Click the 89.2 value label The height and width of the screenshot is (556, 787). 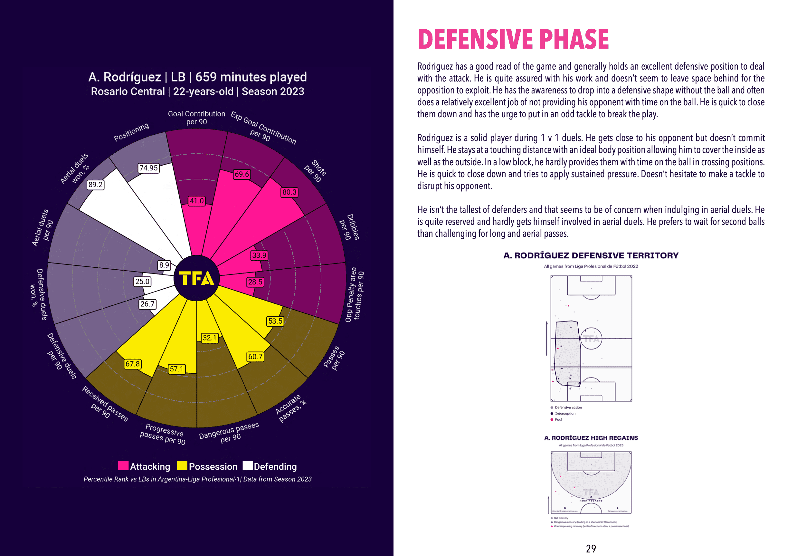[x=95, y=185]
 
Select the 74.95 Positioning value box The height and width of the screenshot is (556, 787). [x=148, y=168]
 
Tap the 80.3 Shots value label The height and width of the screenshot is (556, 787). [x=289, y=192]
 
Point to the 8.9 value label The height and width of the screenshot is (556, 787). [x=164, y=265]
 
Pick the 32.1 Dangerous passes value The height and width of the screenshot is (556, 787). [x=209, y=338]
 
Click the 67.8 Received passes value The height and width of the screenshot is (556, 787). [x=132, y=364]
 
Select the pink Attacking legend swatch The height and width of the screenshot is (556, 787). [x=123, y=466]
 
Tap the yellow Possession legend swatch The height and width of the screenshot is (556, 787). [x=182, y=466]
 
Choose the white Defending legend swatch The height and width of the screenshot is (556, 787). [x=248, y=466]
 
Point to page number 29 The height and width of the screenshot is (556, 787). [x=591, y=549]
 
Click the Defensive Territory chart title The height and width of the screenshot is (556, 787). [x=591, y=255]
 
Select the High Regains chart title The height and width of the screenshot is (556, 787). [x=591, y=438]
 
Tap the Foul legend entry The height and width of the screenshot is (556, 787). [x=558, y=419]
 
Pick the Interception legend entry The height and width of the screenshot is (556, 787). [x=565, y=414]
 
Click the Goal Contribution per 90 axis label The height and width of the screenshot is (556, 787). [x=196, y=118]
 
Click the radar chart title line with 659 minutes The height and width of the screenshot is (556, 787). [x=197, y=77]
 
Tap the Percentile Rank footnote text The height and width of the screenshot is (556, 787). [x=197, y=479]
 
